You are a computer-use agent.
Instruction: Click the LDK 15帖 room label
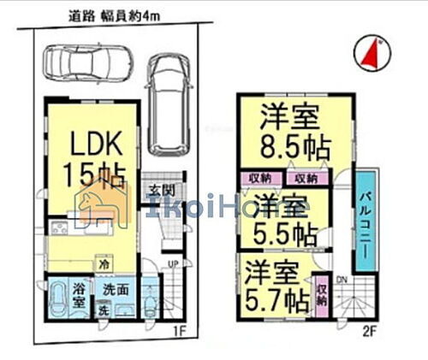click(x=87, y=156)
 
